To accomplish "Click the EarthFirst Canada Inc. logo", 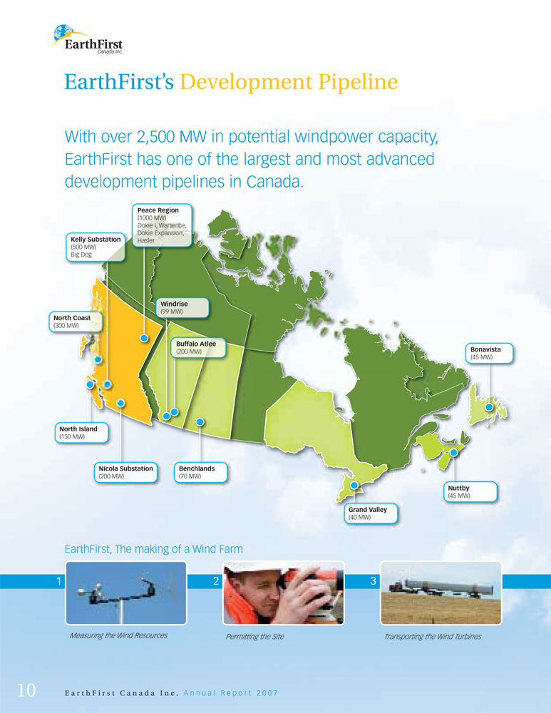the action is pyautogui.click(x=88, y=39).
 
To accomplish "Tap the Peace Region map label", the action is pyautogui.click(x=162, y=225).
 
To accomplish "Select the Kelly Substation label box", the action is pyautogui.click(x=96, y=247).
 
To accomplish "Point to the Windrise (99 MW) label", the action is pyautogui.click(x=182, y=307).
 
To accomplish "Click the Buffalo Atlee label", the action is pyautogui.click(x=198, y=347).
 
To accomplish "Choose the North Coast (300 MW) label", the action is pyautogui.click(x=76, y=322).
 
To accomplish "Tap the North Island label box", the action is pyautogui.click(x=82, y=433).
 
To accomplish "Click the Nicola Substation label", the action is pyautogui.click(x=126, y=472).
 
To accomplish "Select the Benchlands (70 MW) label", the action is pyautogui.click(x=200, y=472).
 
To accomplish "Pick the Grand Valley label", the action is pyautogui.click(x=371, y=513).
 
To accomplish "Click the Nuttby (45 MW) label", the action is pyautogui.click(x=470, y=491).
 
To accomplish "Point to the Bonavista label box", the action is pyautogui.click(x=489, y=354).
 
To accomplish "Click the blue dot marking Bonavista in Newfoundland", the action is pyautogui.click(x=489, y=407).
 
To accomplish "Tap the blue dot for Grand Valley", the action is pyautogui.click(x=354, y=486).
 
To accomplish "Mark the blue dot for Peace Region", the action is pyautogui.click(x=144, y=338).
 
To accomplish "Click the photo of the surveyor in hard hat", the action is pyautogui.click(x=284, y=593).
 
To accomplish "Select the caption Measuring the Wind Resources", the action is pyautogui.click(x=118, y=635).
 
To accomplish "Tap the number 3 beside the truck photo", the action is pyautogui.click(x=374, y=580).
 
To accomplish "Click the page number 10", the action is pyautogui.click(x=26, y=689).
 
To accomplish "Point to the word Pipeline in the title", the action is pyautogui.click(x=358, y=82).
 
